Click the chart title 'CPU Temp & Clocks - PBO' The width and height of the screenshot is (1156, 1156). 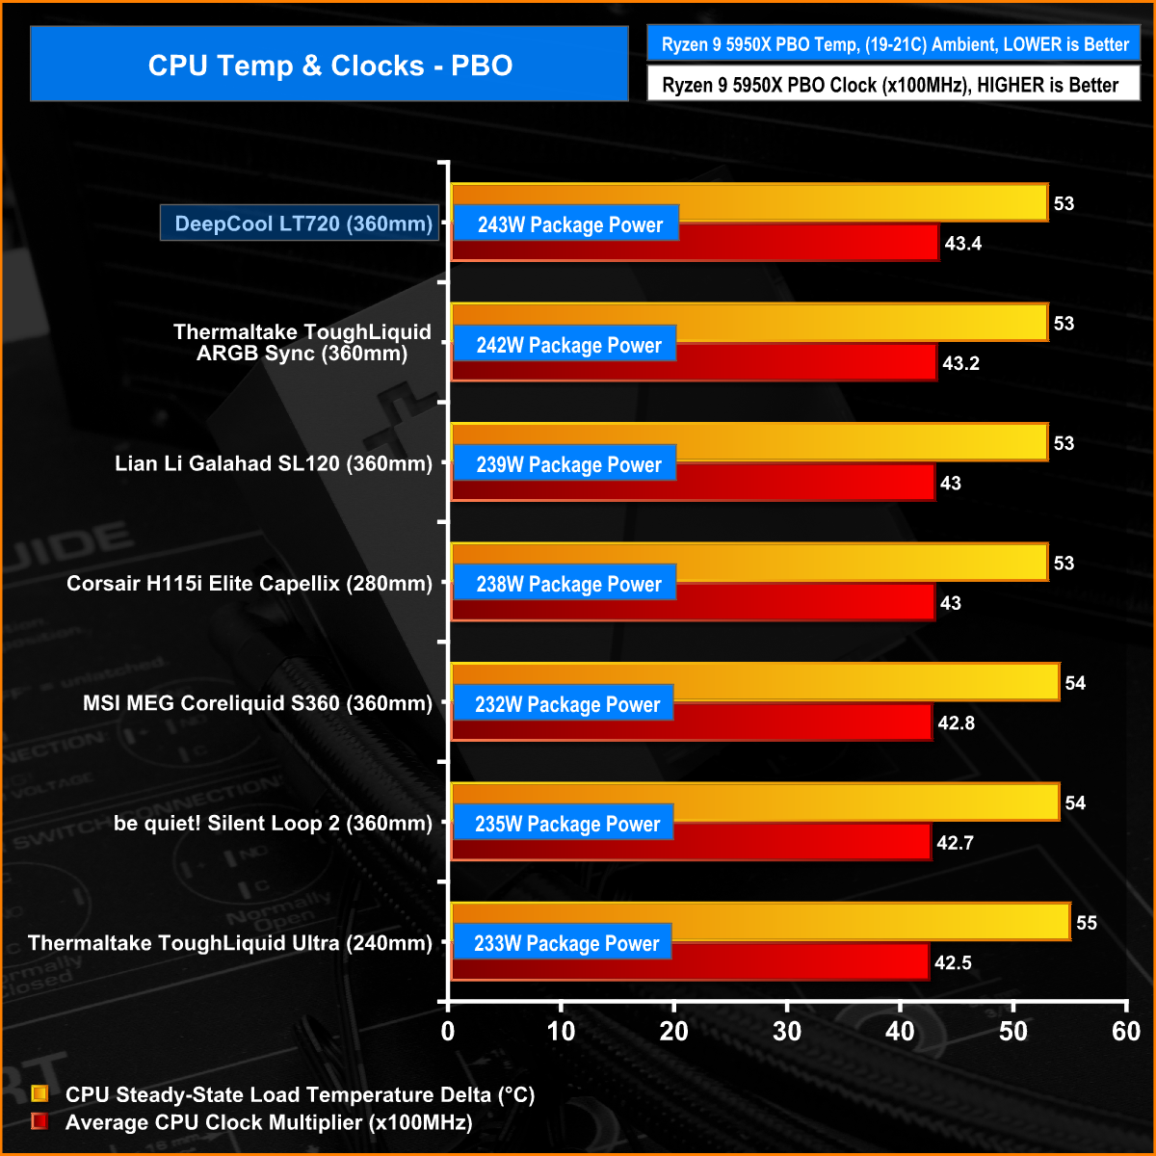(x=329, y=65)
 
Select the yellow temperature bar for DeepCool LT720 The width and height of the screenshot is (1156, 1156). (x=867, y=201)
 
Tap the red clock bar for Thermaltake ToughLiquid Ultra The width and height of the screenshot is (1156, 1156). (x=800, y=961)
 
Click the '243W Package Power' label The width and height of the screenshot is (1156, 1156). (x=569, y=224)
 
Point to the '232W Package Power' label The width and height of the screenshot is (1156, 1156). (x=566, y=704)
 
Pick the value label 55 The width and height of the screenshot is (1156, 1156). (x=1087, y=923)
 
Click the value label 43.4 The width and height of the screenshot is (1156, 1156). (x=962, y=243)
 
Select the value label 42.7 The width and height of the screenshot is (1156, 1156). (x=955, y=843)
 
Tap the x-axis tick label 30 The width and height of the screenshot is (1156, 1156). (x=787, y=1032)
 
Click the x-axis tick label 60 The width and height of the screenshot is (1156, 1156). (x=1126, y=1032)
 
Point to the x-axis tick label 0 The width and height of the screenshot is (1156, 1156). (x=448, y=1032)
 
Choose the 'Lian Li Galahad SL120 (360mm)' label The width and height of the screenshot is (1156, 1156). (x=274, y=463)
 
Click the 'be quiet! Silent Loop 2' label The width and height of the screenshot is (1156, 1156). (x=274, y=823)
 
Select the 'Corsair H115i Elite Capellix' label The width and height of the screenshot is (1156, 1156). (x=250, y=583)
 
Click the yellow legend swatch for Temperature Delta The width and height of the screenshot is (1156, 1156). (x=39, y=1094)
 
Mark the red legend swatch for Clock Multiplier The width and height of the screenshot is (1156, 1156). (x=39, y=1122)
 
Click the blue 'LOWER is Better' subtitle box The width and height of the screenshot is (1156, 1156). (x=894, y=44)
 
